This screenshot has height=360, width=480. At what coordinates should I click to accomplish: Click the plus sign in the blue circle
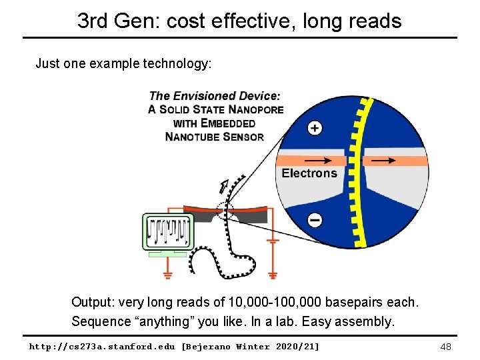click(315, 127)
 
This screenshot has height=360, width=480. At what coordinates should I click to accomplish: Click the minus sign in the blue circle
click(315, 219)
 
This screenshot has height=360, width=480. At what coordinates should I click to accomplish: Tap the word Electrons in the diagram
click(309, 173)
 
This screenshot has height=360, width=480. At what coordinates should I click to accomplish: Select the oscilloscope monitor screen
click(167, 231)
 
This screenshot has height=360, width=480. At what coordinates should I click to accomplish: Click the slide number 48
click(446, 347)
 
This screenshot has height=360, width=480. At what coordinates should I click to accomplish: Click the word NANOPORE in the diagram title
click(255, 109)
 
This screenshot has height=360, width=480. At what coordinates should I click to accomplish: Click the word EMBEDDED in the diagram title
click(227, 123)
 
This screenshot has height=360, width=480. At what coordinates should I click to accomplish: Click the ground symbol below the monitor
click(167, 273)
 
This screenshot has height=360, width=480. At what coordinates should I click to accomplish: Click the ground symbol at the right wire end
click(272, 273)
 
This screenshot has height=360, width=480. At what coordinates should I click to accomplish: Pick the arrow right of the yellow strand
click(383, 161)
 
